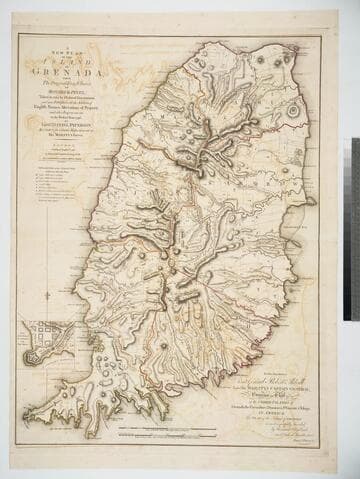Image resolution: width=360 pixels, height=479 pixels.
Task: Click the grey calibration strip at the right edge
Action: (x=353, y=230)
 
